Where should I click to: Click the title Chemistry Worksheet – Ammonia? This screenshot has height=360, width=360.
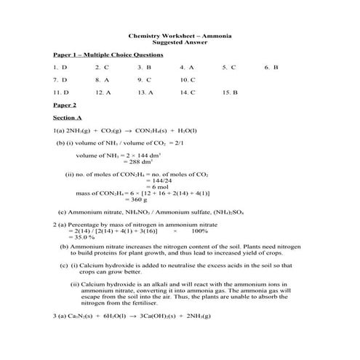click(x=180, y=35)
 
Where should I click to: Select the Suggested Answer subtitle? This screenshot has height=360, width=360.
click(x=180, y=42)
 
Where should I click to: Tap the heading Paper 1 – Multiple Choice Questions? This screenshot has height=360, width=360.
click(x=108, y=55)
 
